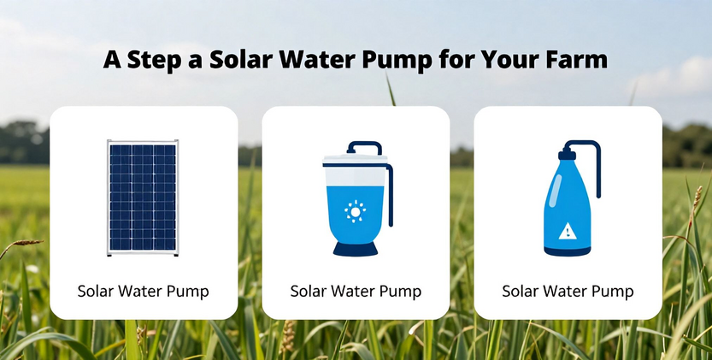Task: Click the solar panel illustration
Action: coord(143,198)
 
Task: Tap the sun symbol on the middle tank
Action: coord(355,211)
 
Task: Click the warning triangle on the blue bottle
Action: coord(568,232)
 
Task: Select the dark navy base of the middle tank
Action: coord(356,248)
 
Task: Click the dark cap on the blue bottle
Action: coord(568,155)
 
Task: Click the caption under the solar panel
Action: coord(143,291)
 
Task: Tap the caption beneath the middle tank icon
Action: coord(356,291)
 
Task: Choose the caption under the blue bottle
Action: coord(568,291)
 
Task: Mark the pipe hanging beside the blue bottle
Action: coord(598,168)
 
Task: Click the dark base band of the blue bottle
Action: coord(568,251)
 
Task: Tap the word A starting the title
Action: coord(112,60)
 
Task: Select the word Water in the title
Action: coord(316,59)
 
